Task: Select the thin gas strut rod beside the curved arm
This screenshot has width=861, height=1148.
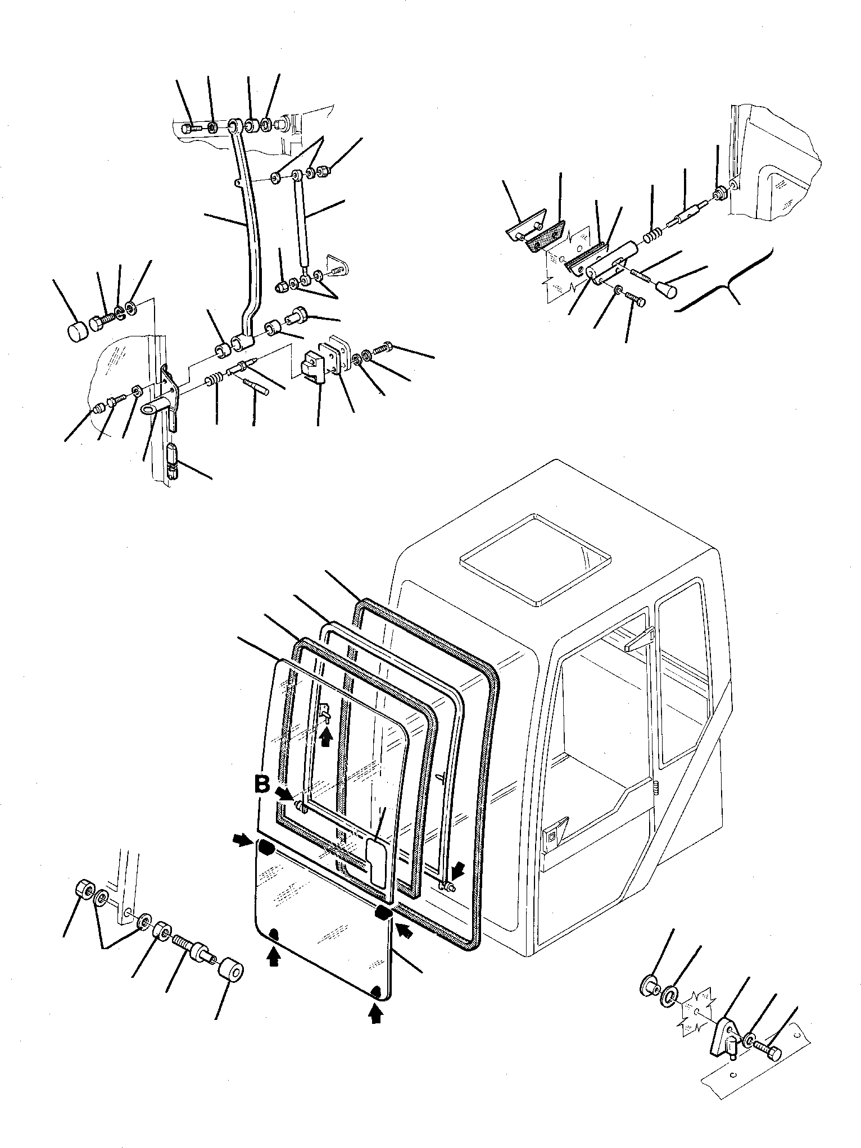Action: [x=302, y=225]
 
